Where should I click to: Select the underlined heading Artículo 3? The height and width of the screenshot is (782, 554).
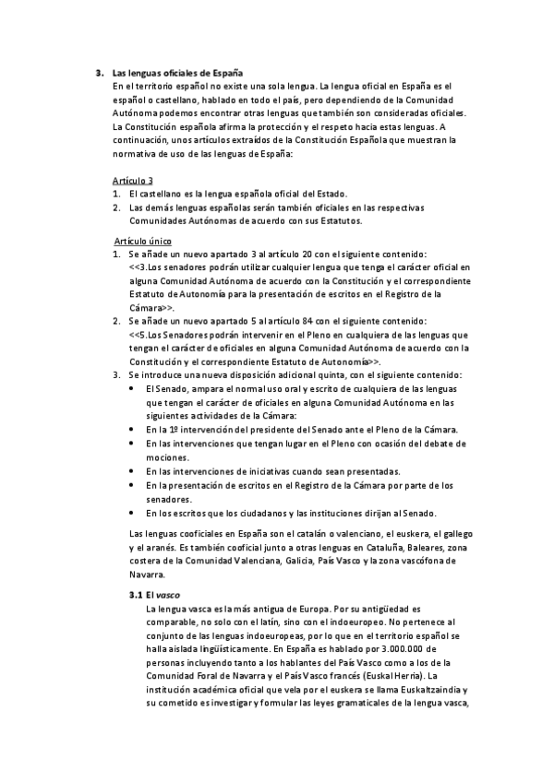coord(132,180)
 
